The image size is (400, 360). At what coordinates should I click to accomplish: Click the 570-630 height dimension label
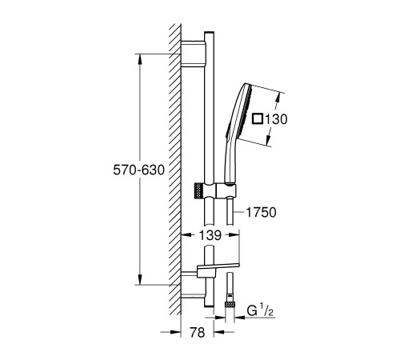coord(138,170)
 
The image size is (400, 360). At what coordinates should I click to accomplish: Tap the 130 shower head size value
coord(276,119)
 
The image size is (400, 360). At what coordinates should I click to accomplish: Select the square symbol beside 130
coord(258,118)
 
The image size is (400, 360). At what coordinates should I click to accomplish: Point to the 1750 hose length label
coord(261,213)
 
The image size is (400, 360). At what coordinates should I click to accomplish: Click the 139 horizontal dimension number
coord(210,235)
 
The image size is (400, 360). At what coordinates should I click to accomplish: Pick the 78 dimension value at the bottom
coord(198,332)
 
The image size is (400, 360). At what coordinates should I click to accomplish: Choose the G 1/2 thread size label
coord(260,310)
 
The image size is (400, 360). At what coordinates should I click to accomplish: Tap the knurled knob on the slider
coord(197,191)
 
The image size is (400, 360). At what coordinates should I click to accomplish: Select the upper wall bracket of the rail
coord(193,53)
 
